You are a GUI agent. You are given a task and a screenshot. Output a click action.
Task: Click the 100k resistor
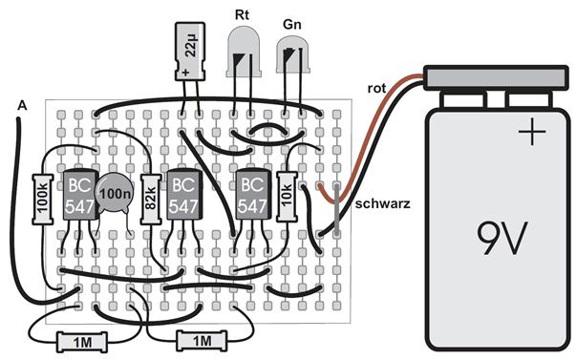tap(43, 200)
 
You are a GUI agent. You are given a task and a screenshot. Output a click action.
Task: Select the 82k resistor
tap(151, 200)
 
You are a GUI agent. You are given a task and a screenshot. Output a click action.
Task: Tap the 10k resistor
tap(287, 197)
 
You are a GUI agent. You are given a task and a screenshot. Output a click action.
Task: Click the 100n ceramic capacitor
tap(115, 193)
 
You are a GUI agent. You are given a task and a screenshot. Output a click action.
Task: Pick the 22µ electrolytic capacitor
tap(190, 52)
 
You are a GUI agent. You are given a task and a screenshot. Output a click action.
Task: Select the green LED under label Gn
tap(293, 54)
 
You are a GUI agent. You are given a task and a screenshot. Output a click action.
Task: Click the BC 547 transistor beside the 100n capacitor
tap(80, 195)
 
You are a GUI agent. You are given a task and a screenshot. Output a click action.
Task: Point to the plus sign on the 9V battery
tap(532, 131)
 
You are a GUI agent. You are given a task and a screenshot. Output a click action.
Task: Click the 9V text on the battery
tap(502, 239)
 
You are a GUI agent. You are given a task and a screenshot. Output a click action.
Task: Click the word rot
tap(376, 88)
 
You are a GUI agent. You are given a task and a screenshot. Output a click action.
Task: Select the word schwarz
tap(383, 203)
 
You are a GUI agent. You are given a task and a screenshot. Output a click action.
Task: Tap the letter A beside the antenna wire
tap(22, 106)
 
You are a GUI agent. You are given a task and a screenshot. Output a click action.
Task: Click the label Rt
tap(242, 14)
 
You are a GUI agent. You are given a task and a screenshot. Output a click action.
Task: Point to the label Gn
tap(292, 24)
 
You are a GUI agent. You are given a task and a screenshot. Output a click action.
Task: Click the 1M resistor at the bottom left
tap(82, 342)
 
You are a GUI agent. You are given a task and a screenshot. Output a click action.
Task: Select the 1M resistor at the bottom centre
tap(202, 341)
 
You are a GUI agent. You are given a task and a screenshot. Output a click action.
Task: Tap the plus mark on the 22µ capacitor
tap(185, 72)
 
